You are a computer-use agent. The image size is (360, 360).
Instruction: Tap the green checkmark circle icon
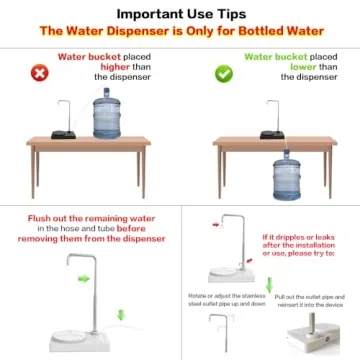(x=225, y=73)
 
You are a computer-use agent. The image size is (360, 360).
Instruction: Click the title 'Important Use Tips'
(x=180, y=13)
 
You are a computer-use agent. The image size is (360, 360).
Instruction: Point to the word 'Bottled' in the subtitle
(x=268, y=30)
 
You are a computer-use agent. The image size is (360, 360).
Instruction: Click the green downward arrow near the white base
(x=121, y=316)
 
